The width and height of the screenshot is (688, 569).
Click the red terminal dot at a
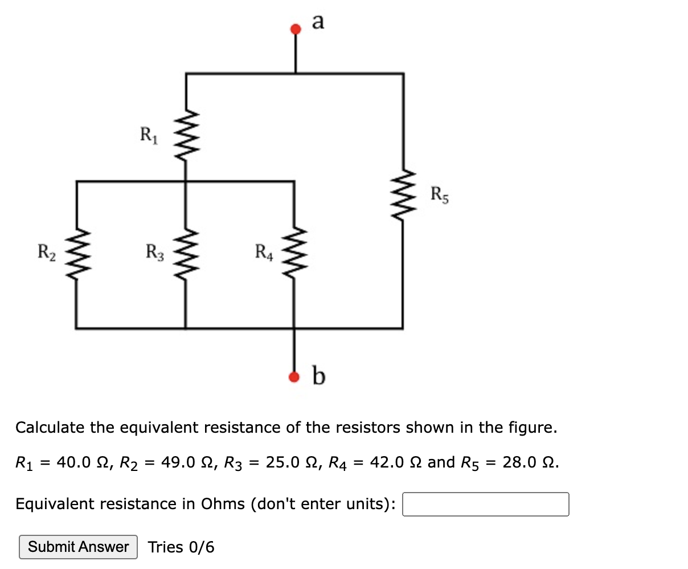(295, 29)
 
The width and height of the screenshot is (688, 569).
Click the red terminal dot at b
(294, 376)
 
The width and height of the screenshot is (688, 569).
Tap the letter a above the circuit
(318, 22)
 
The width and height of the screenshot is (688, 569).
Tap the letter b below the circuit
(320, 376)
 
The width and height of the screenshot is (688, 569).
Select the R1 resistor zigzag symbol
(186, 137)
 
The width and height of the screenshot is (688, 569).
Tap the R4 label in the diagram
(264, 251)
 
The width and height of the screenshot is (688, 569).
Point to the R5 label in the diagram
(440, 194)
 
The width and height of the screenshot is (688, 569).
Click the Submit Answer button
(78, 547)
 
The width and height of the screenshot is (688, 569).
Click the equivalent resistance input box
(485, 504)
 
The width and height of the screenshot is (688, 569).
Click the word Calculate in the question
(51, 427)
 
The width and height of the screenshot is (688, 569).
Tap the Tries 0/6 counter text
(181, 547)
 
